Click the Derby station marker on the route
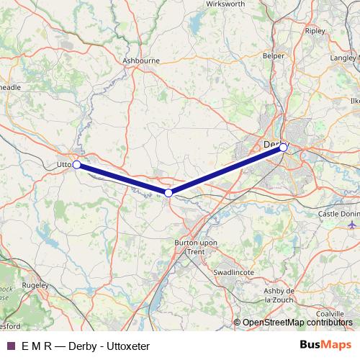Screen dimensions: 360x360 pyautogui.click(x=284, y=148)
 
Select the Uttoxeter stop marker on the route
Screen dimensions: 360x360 pyautogui.click(x=76, y=164)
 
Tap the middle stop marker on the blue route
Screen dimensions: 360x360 pyautogui.click(x=168, y=193)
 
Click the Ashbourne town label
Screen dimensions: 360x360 pyautogui.click(x=141, y=61)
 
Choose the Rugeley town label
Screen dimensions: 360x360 pyautogui.click(x=35, y=285)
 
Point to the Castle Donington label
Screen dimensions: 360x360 pyautogui.click(x=336, y=215)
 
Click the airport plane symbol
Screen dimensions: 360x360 pyautogui.click(x=352, y=225)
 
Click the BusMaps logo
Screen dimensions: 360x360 pyautogui.click(x=320, y=346)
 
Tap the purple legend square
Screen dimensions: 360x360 pyautogui.click(x=11, y=346)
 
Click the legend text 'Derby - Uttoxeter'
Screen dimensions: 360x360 pyautogui.click(x=109, y=346)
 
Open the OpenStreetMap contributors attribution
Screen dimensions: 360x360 pyautogui.click(x=297, y=323)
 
